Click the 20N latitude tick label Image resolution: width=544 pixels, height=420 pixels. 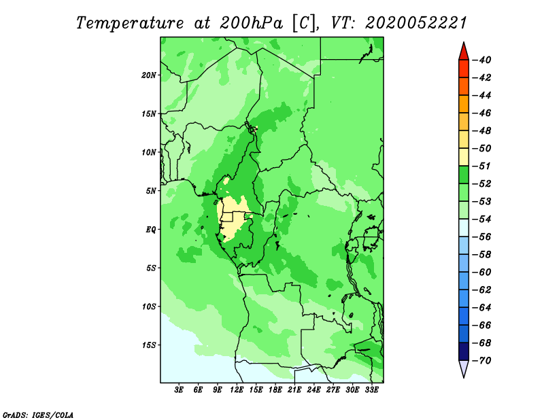click(x=149, y=75)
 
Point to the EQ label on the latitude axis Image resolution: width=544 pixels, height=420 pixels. click(x=151, y=230)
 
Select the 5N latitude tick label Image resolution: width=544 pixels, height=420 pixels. click(x=151, y=191)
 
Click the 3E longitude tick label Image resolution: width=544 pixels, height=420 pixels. click(x=179, y=390)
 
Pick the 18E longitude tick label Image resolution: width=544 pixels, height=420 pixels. click(x=275, y=390)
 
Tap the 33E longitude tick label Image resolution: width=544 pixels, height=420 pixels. click(x=371, y=390)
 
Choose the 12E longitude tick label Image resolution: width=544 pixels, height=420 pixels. click(x=237, y=390)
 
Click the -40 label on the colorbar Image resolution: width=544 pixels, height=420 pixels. click(x=482, y=60)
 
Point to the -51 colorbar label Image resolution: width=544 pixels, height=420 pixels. click(x=482, y=166)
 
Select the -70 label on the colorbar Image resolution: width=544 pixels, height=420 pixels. click(x=482, y=361)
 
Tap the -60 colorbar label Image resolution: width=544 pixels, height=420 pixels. click(x=482, y=273)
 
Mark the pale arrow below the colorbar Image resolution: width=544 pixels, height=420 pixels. click(x=464, y=368)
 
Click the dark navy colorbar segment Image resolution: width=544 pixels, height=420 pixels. click(x=464, y=351)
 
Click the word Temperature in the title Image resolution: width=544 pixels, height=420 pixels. click(x=130, y=23)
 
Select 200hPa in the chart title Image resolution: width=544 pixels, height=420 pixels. click(x=251, y=23)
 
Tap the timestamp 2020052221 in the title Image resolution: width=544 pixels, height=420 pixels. click(x=416, y=23)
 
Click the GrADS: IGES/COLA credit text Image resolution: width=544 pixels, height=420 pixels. click(x=38, y=415)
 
